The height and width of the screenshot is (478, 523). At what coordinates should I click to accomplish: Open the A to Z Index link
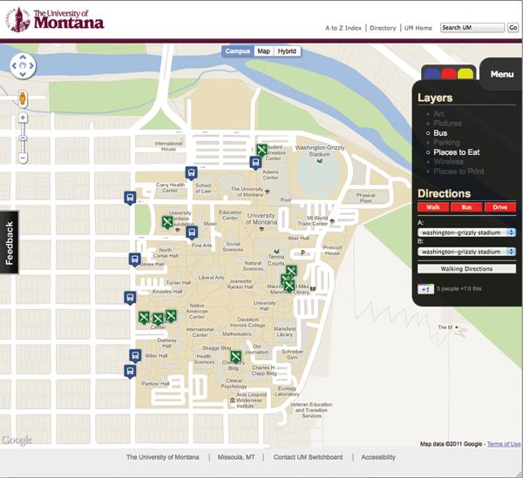point(343,28)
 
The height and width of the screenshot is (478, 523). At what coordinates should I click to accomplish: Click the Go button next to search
point(513,28)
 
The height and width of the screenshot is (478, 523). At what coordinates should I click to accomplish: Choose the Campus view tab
point(238,51)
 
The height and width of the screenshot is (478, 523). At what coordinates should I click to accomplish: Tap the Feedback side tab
point(10,243)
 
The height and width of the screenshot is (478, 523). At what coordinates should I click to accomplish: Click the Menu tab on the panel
point(501,74)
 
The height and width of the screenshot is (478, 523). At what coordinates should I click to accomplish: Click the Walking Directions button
point(465,269)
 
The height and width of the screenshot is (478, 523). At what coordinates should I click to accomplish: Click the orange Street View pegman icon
point(23,98)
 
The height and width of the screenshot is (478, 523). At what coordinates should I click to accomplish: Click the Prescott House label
point(332,250)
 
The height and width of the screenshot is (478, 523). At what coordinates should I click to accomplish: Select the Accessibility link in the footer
point(378,457)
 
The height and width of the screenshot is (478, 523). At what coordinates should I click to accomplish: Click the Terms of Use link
point(504,444)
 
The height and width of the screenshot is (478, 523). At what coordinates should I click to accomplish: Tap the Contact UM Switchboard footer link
point(308,457)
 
